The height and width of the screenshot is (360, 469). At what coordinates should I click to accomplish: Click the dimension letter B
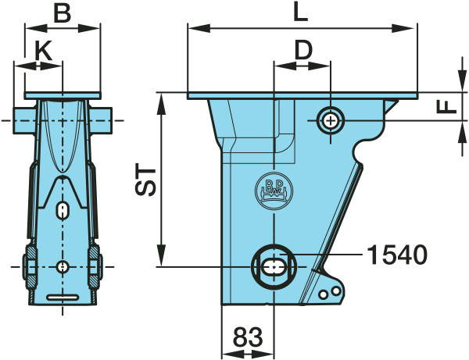(63, 13)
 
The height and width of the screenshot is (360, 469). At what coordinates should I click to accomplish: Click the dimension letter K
(44, 50)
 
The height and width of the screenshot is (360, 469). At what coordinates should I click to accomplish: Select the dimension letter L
(301, 12)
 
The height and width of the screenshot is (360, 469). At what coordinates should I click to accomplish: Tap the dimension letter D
(303, 51)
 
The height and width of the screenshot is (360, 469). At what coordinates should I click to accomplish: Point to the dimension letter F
(446, 106)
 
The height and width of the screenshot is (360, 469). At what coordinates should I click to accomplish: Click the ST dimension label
(145, 180)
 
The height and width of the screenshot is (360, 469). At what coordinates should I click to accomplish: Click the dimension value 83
(248, 337)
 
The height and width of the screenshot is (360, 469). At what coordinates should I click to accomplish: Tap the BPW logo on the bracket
(274, 191)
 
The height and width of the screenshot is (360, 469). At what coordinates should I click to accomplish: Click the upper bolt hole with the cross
(330, 121)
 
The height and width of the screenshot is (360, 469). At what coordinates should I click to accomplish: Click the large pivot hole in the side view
(274, 266)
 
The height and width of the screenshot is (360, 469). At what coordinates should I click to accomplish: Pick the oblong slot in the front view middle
(63, 210)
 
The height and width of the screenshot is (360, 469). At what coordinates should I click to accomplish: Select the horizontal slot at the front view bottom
(63, 298)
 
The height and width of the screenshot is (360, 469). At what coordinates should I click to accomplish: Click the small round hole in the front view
(63, 266)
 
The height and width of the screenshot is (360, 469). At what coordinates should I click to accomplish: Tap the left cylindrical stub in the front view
(24, 120)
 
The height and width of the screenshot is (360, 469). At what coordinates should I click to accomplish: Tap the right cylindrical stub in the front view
(100, 120)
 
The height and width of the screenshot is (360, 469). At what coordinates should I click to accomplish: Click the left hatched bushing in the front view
(30, 267)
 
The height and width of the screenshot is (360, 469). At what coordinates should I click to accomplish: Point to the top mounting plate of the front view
(63, 95)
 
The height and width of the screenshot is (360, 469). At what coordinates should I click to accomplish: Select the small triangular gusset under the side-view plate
(390, 106)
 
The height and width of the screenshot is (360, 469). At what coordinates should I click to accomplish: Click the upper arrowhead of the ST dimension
(162, 104)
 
